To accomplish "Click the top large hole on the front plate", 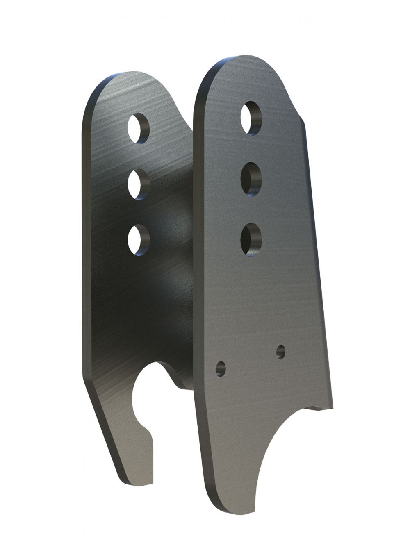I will point(251,118).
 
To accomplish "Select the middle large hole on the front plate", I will point(251,179).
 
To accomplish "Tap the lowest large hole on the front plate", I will point(251,239).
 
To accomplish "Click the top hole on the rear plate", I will point(138,128).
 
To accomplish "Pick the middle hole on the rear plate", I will point(138,184).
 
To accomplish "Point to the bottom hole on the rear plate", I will point(138,240).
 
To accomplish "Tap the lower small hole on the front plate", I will point(221,368).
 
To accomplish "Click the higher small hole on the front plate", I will point(281,351).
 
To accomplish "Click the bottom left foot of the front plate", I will point(230,506).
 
